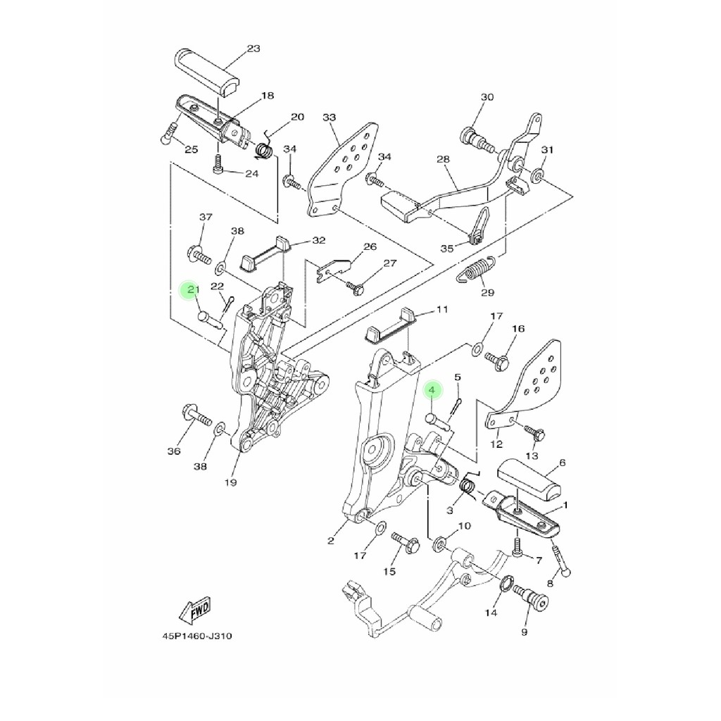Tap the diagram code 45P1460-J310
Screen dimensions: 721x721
pos(197,637)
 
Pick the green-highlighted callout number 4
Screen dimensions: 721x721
pos(432,390)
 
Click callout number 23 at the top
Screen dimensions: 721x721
pos(253,49)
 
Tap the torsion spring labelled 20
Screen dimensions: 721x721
pos(264,146)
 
